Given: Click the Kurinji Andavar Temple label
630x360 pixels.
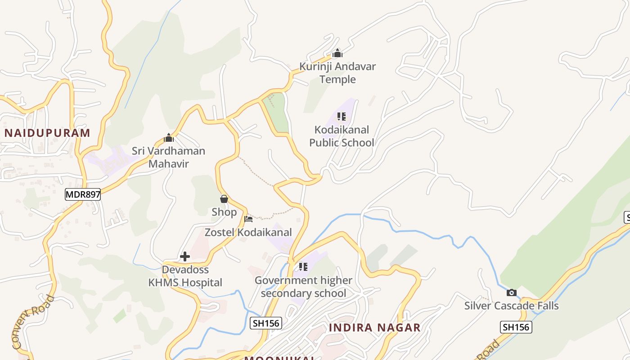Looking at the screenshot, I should [337, 73].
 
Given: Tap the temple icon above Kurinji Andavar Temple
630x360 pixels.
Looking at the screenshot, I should [337, 54].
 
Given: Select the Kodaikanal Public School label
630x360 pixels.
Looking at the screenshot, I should [342, 136].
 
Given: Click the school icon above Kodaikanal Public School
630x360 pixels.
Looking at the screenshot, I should [342, 117].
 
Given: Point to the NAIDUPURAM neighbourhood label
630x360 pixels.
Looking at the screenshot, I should [47, 133].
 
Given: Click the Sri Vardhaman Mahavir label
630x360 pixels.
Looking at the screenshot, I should [168, 157].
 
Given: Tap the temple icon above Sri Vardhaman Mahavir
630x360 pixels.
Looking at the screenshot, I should [169, 138].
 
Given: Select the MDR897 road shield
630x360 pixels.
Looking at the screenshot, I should [83, 194].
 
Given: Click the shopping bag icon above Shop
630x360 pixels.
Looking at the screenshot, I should [224, 199].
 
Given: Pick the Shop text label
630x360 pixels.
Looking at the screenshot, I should [224, 212].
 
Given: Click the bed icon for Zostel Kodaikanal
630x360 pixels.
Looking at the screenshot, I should [248, 219].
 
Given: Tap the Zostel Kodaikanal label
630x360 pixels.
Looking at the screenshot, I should [248, 232].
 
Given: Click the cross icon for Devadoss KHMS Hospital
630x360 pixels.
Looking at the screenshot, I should [185, 256].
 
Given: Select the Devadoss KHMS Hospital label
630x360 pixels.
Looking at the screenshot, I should [185, 276].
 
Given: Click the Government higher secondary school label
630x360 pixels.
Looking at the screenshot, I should [303, 287].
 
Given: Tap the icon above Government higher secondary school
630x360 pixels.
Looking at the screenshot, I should [303, 267].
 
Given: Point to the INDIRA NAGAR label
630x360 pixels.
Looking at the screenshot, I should [374, 328].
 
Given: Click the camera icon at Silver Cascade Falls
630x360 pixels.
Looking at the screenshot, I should [512, 293].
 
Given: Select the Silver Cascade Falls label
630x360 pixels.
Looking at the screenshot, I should [512, 306].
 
